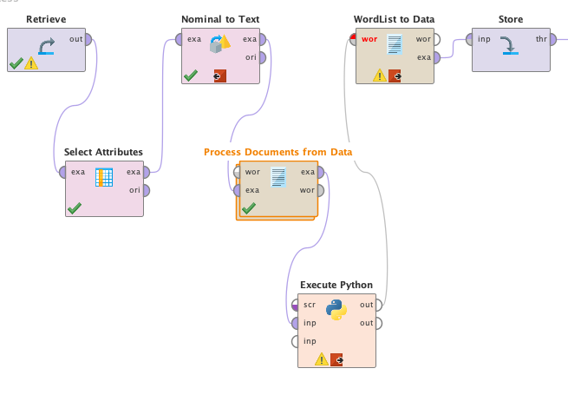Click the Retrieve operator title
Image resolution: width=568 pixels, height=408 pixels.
tap(46, 19)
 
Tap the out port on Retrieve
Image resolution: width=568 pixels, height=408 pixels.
tap(88, 39)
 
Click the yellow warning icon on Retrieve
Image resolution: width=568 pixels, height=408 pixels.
tap(31, 63)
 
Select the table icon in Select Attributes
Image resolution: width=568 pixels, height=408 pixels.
tap(104, 177)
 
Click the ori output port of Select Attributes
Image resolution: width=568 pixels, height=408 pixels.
tap(147, 190)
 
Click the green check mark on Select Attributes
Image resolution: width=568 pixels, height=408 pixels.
tap(75, 208)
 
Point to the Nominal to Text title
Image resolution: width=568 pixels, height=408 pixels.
tap(220, 19)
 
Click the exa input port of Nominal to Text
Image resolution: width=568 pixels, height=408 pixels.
tap(179, 39)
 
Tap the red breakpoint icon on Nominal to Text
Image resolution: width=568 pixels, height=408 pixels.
tap(220, 76)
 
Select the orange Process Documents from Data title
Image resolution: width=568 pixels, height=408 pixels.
tap(277, 152)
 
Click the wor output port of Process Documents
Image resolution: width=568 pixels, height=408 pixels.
tap(321, 190)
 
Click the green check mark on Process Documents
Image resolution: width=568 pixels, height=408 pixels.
tap(249, 208)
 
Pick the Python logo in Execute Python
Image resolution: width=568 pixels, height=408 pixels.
tap(336, 310)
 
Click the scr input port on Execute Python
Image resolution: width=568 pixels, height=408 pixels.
tap(295, 305)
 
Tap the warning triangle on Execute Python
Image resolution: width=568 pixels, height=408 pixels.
tap(322, 359)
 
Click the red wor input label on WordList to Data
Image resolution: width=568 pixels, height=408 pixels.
tap(369, 39)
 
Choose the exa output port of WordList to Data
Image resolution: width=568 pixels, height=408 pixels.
tap(437, 57)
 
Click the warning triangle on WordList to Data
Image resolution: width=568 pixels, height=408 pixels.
tap(380, 76)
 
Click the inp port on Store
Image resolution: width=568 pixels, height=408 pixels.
tap(469, 39)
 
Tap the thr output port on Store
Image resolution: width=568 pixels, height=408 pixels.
tap(553, 39)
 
